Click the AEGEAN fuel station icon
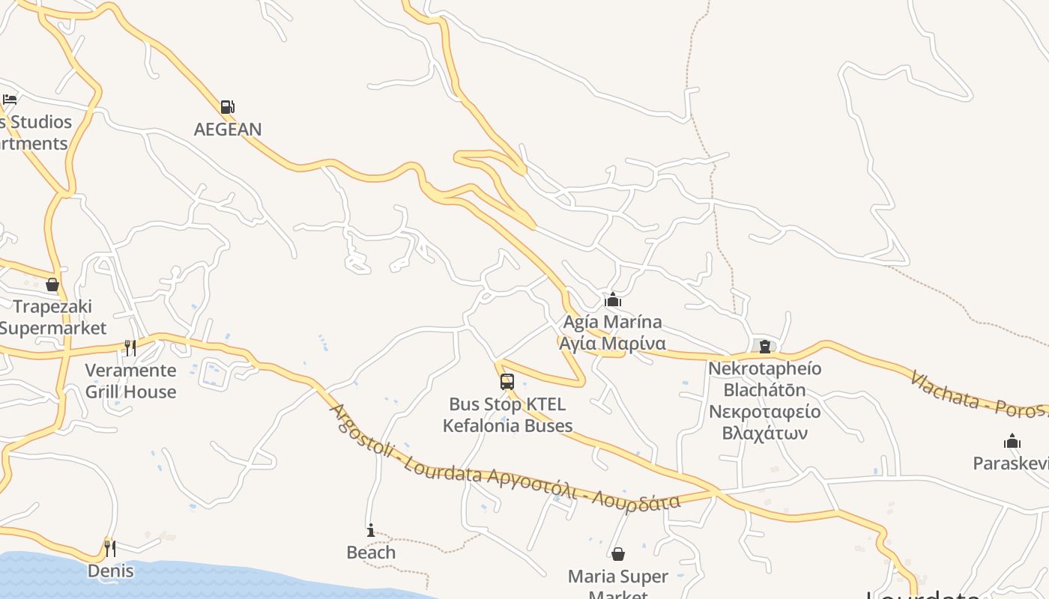[228, 107]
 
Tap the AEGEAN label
[228, 130]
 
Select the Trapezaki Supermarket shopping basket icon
[52, 285]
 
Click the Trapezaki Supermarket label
[52, 317]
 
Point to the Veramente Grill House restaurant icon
[130, 347]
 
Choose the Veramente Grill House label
[130, 381]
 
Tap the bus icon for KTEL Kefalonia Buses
[507, 382]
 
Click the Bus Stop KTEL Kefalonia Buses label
[507, 415]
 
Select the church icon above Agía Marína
[613, 300]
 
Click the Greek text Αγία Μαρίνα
[613, 344]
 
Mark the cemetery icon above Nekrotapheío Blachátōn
[764, 346]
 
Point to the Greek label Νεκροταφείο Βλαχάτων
[764, 422]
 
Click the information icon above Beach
[371, 531]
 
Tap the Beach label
[371, 553]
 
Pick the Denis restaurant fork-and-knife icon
[110, 548]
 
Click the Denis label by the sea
[110, 571]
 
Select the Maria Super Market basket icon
[618, 554]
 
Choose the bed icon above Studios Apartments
[10, 99]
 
